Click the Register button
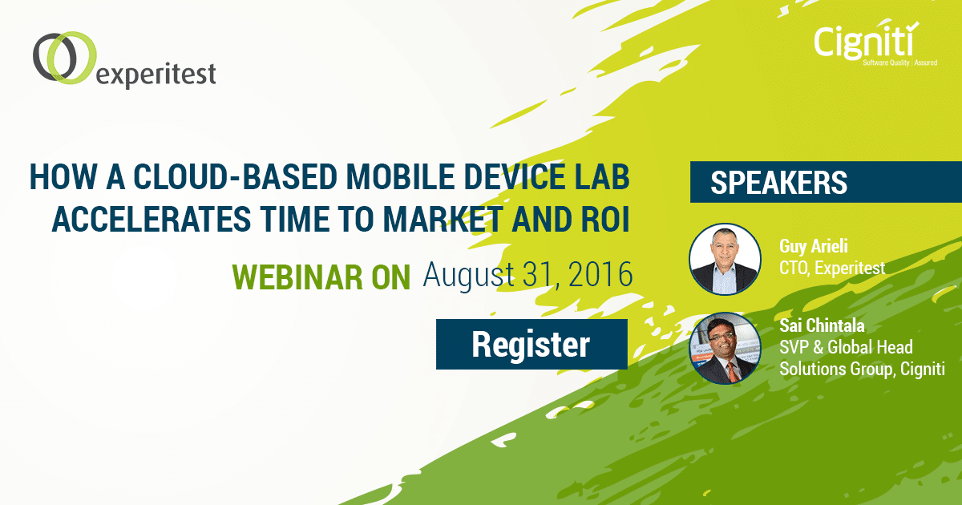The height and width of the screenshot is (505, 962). [532, 344]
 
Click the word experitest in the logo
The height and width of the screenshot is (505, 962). [156, 75]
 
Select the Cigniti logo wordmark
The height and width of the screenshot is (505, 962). [866, 42]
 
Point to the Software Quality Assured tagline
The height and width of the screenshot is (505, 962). [899, 63]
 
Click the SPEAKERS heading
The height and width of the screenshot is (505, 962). [778, 183]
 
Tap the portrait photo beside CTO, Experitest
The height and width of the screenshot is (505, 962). [725, 259]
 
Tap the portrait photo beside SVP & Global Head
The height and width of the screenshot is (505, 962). [725, 348]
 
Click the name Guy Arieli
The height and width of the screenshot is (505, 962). [814, 247]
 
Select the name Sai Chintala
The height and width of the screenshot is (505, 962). [822, 325]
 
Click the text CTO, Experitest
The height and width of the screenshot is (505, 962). [832, 268]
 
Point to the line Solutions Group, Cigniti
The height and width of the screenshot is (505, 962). [862, 369]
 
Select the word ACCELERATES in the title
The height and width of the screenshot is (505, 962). [152, 220]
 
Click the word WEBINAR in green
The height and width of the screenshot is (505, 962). [292, 277]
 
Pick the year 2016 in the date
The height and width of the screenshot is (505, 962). [600, 274]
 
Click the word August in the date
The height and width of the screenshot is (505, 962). [468, 275]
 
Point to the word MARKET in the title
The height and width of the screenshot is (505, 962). [443, 220]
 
